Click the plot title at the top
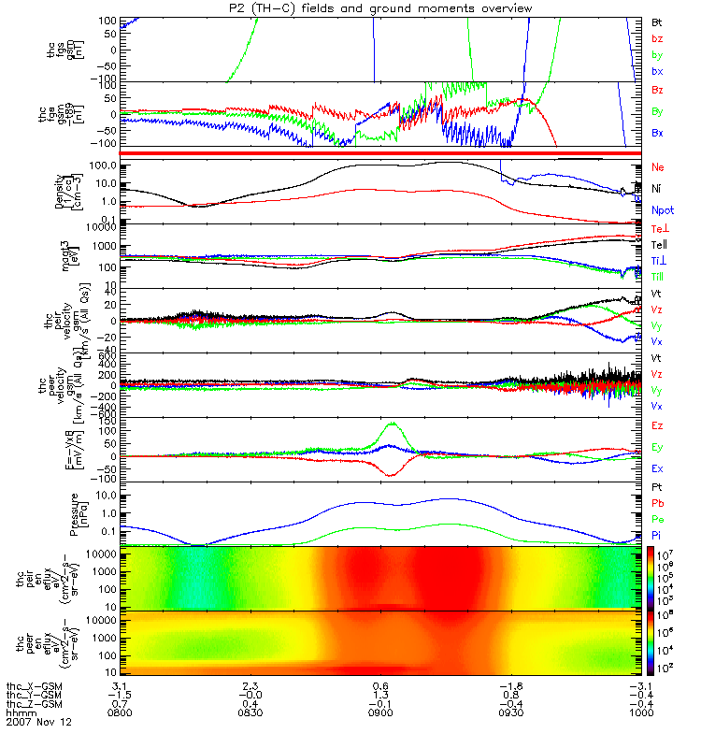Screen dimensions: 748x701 pos(373,8)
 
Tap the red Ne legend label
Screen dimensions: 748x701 pos(658,166)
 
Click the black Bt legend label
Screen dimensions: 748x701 pos(657,21)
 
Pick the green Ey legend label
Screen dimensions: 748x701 pos(658,446)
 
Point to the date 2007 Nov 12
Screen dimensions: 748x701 pos(38,724)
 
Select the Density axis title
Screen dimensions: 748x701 pos(94,192)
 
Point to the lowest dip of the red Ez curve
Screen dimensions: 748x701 pos(390,476)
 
